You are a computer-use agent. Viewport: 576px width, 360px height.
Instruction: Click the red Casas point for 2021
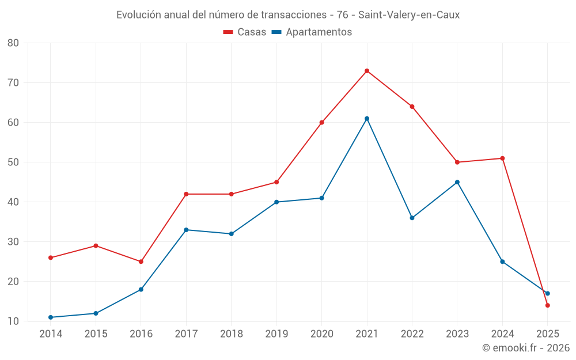coord(367,71)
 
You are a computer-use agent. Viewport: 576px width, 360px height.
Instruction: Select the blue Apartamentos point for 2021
coord(367,119)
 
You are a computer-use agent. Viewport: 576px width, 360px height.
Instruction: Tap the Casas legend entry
coord(245,32)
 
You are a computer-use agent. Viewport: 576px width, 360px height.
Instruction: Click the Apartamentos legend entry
coord(312,32)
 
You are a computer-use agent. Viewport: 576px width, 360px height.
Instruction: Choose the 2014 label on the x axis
coord(51,334)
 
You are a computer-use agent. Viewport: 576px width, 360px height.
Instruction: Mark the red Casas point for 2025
coord(548,305)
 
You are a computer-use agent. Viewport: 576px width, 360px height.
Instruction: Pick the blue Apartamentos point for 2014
coord(51,317)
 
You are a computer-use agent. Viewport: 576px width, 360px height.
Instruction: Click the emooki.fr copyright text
coord(525,348)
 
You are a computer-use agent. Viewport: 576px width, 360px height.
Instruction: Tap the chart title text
coord(288,15)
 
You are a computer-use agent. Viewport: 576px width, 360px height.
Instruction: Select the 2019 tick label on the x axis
coord(276,334)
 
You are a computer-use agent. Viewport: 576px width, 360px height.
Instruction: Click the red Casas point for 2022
coord(412,107)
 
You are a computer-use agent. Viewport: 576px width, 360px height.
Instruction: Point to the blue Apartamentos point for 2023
coord(457,182)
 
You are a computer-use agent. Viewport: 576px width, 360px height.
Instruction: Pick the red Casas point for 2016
coord(141,262)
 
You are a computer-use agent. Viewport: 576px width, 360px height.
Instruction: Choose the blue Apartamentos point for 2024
coord(502,262)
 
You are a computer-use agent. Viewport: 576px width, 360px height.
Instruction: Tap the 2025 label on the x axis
coord(548,334)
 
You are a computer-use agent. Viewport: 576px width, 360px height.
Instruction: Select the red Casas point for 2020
coord(322,123)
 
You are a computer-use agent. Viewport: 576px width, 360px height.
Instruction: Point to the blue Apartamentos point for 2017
coord(186,230)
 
